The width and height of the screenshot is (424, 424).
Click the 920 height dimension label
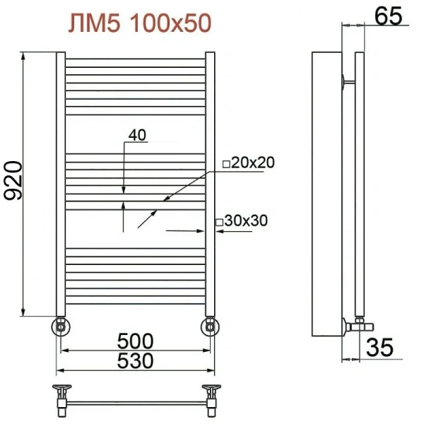pos(15,182)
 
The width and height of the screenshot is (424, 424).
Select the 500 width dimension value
pos(136,340)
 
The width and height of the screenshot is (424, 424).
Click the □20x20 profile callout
pos(248,163)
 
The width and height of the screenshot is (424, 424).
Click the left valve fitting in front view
pos(61,326)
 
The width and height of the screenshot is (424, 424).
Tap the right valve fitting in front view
pos(211,326)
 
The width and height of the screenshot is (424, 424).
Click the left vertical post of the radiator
pos(61,184)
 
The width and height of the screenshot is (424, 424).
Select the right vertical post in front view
pos(211,184)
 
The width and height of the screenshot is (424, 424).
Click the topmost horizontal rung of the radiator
pos(136,59)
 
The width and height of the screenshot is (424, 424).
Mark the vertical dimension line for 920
pos(25,184)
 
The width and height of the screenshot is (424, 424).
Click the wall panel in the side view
pos(326,194)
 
